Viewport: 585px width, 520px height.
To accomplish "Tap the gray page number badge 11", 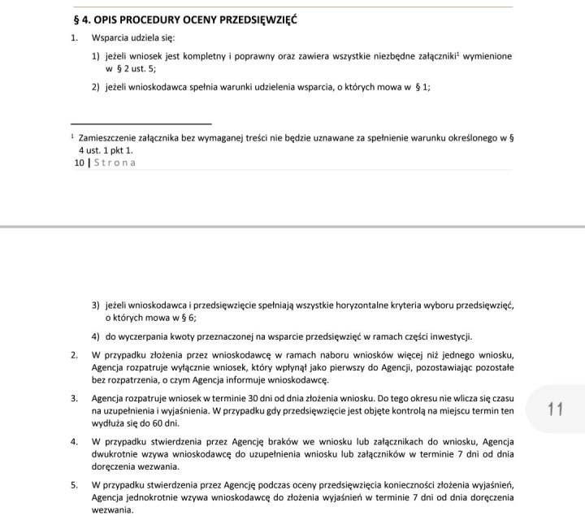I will coord(556,409).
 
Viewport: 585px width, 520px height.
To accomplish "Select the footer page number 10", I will coord(79,162).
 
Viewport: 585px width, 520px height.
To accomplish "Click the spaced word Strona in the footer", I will coord(115,162).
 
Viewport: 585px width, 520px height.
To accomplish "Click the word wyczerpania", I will coord(147,336).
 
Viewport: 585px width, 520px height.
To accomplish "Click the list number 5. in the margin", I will coord(74,484).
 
